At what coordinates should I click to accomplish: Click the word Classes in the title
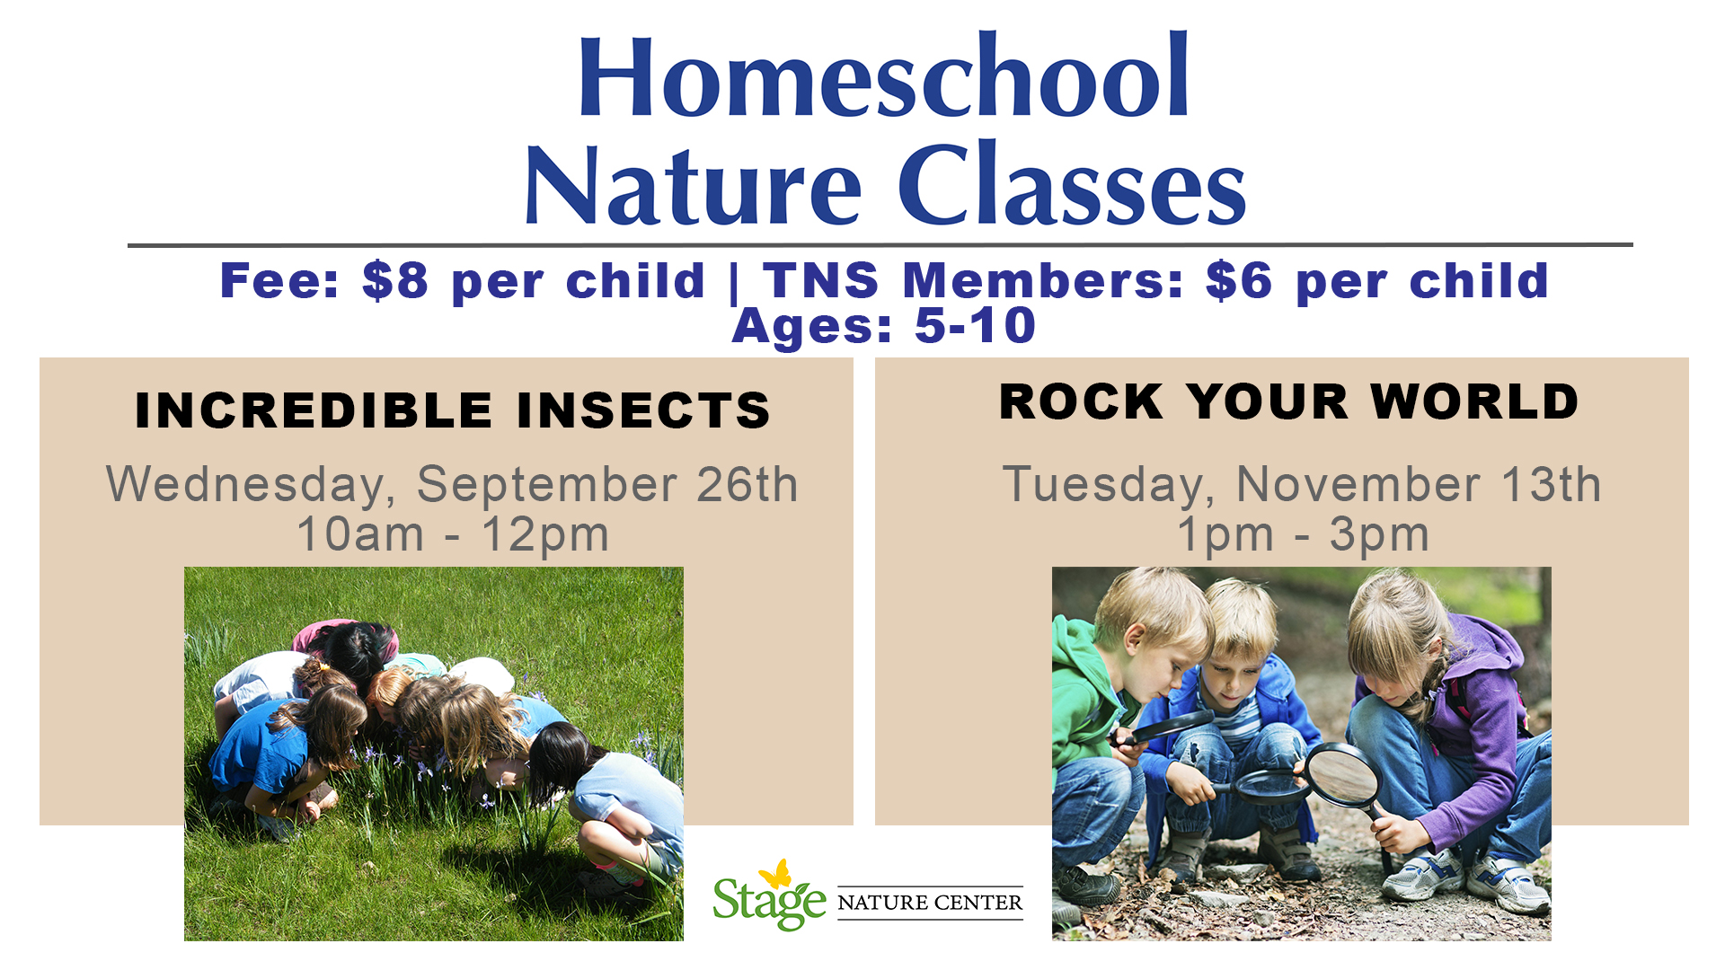click(1072, 185)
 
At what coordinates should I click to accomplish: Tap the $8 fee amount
click(395, 280)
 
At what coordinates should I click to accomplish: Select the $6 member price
click(1239, 280)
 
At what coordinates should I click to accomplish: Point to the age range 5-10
click(975, 325)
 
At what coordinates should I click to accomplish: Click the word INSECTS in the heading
click(643, 410)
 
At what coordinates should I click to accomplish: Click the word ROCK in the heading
click(1081, 401)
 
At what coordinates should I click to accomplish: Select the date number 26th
click(747, 485)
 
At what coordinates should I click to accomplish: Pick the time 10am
click(360, 534)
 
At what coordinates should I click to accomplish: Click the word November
click(1358, 485)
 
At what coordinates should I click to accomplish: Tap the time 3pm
click(1379, 536)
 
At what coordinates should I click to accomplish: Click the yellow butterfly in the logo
click(774, 874)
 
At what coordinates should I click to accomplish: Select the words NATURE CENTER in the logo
click(930, 903)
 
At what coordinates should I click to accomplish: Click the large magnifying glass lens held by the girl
click(1341, 774)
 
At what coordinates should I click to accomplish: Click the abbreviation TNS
click(821, 280)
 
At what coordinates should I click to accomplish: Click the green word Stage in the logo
click(769, 903)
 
